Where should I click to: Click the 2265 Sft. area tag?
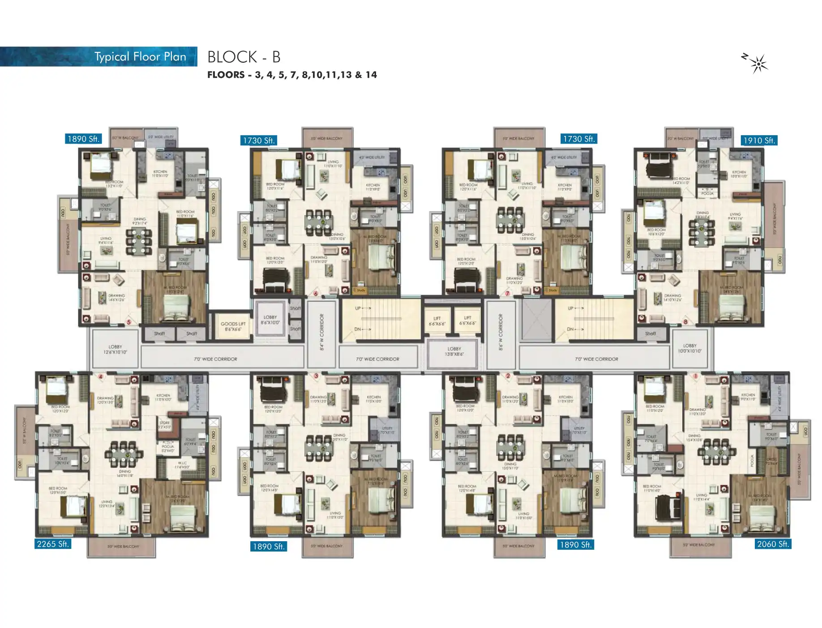point(53,544)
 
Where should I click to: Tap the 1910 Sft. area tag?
point(759,140)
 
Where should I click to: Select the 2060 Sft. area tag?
point(773,544)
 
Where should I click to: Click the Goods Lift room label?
point(233,326)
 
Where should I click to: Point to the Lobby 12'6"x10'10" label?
point(115,349)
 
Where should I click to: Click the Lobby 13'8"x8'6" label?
point(454,351)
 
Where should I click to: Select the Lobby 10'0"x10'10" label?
point(689,348)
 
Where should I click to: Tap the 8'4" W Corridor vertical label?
point(321,331)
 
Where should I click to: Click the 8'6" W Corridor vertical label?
point(501,331)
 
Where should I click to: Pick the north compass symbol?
point(758,64)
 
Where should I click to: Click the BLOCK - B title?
point(244,57)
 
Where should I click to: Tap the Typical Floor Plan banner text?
point(140,57)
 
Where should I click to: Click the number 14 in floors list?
point(371,75)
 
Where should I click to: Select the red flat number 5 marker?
point(129,322)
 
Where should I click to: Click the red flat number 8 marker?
point(685,321)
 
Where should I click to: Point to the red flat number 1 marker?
point(696,376)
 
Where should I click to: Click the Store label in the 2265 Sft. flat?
point(164,424)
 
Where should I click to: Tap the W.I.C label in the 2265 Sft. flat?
point(183,465)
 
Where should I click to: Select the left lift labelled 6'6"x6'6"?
point(437,321)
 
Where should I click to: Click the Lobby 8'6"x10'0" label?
point(270,319)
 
